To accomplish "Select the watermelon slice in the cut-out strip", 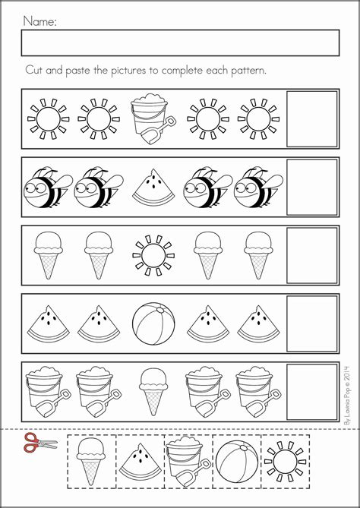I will pyautogui.click(x=140, y=459).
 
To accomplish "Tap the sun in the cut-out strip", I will pyautogui.click(x=285, y=458).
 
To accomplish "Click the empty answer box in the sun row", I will pyautogui.click(x=311, y=119).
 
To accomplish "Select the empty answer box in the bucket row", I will pyautogui.click(x=311, y=392).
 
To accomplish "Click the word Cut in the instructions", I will pyautogui.click(x=35, y=69).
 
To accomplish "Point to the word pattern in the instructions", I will pyautogui.click(x=244, y=70).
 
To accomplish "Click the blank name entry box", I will pyautogui.click(x=180, y=43).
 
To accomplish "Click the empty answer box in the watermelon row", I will pyautogui.click(x=311, y=323).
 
